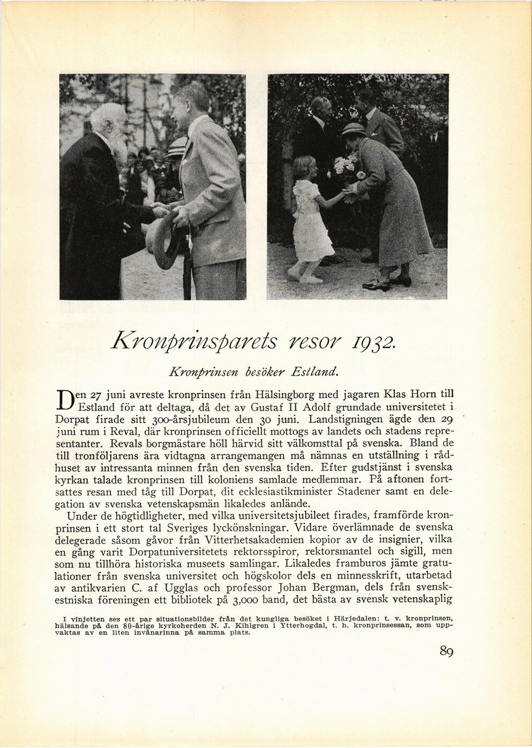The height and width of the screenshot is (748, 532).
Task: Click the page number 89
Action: pos(446,651)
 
